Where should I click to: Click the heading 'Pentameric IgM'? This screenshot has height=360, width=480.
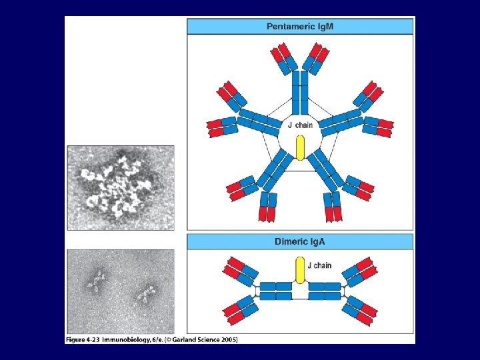(x=299, y=27)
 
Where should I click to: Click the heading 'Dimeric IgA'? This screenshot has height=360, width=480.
(x=299, y=241)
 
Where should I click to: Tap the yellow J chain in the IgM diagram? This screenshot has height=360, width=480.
(x=300, y=147)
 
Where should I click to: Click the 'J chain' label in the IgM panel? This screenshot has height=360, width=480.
(x=300, y=125)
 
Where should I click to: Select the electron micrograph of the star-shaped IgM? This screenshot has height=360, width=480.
(x=120, y=187)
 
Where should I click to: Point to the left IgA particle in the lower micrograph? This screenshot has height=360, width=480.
(x=97, y=282)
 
